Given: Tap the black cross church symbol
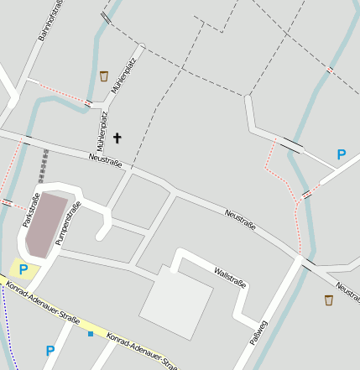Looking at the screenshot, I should [117, 138].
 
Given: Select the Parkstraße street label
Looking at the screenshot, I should [31, 211].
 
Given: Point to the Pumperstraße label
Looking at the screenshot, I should [68, 223].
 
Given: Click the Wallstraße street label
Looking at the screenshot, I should [230, 278].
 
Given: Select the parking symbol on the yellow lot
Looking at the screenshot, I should [23, 269].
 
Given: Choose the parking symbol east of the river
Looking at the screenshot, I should [341, 154].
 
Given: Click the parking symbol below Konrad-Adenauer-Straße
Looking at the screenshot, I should [50, 351].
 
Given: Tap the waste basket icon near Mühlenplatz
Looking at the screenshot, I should [104, 76].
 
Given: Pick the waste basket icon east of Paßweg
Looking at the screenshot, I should [329, 300].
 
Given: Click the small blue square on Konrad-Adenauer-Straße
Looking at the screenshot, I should [91, 334].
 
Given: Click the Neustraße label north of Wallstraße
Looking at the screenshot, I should [240, 220].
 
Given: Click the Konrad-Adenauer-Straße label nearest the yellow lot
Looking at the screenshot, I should [42, 305].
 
